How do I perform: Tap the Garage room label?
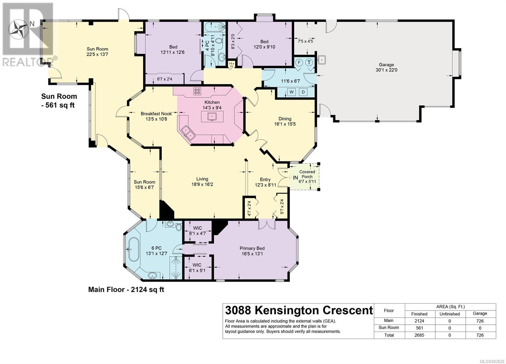pyautogui.click(x=386, y=65)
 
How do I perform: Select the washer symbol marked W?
pyautogui.click(x=292, y=92)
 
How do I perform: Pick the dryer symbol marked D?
pyautogui.click(x=303, y=92)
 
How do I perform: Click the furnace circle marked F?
pyautogui.click(x=299, y=62)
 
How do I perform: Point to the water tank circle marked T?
pyautogui.click(x=309, y=62)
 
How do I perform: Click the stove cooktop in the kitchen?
pyautogui.click(x=197, y=91)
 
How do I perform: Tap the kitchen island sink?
pyautogui.click(x=212, y=116)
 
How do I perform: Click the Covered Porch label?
pyautogui.click(x=307, y=174)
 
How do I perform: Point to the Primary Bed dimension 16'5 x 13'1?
pyautogui.click(x=252, y=254)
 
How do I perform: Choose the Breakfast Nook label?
pyautogui.click(x=156, y=114)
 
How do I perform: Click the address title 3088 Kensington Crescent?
pyautogui.click(x=299, y=310)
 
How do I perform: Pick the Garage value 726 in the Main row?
pyautogui.click(x=480, y=321)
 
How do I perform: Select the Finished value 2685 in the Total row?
pyautogui.click(x=419, y=335)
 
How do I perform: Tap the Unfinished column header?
pyautogui.click(x=449, y=314)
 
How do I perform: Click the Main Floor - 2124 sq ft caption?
pyautogui.click(x=126, y=289)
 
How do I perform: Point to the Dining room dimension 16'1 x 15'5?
pyautogui.click(x=285, y=124)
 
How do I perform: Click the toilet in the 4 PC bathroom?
pyautogui.click(x=218, y=41)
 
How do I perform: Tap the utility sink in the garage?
pyautogui.click(x=321, y=60)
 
